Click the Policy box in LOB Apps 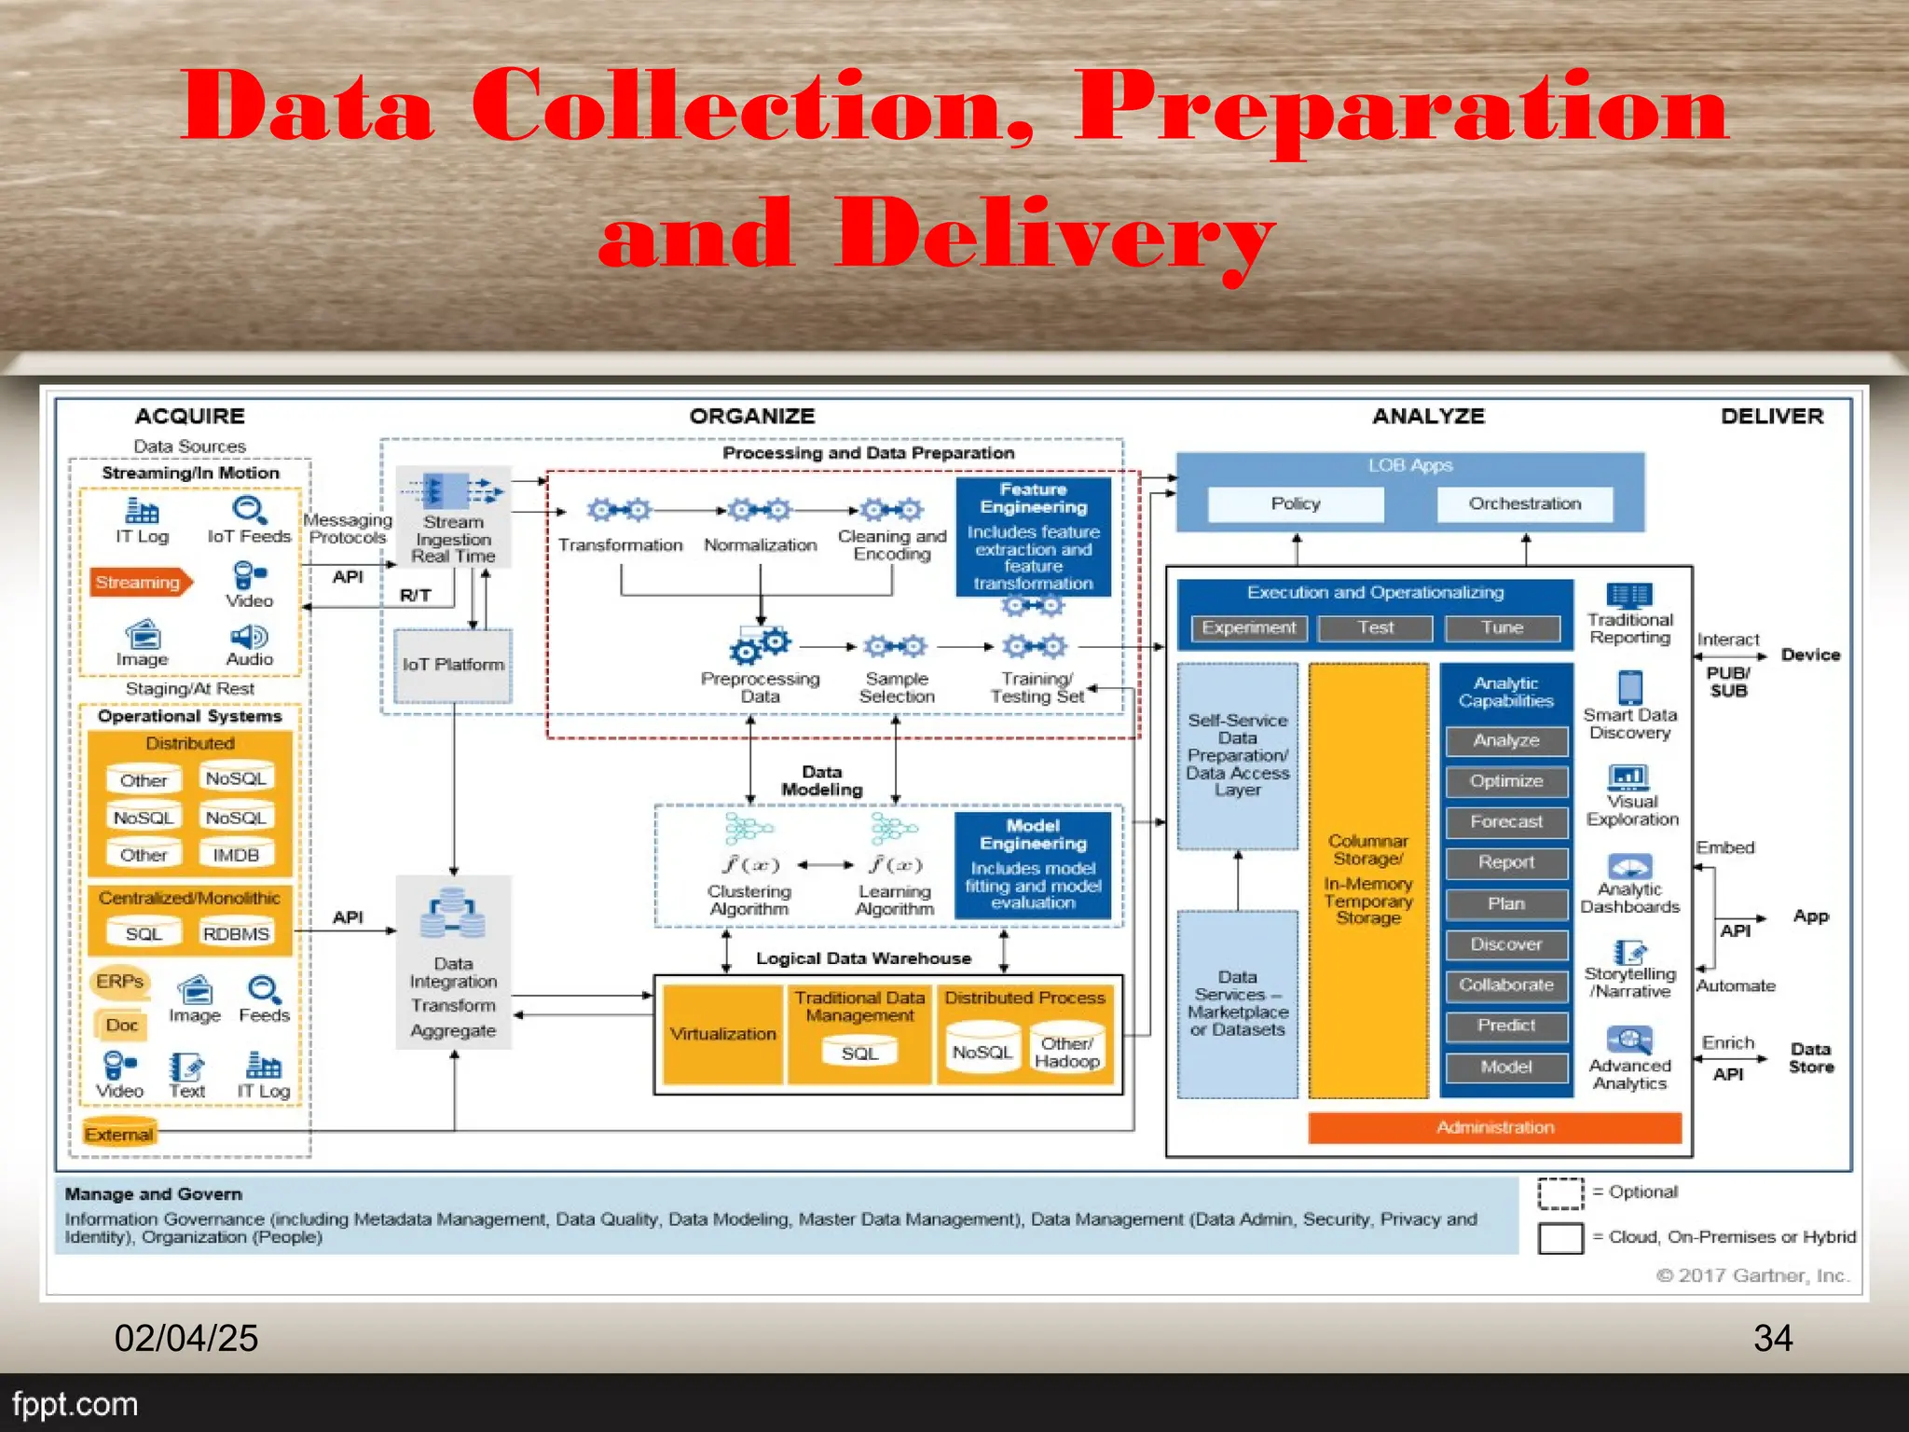pos(1296,504)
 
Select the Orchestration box pos(1525,504)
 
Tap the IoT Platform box pos(453,665)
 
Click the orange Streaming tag pos(140,583)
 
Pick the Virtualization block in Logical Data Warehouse pos(722,1034)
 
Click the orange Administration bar pos(1495,1128)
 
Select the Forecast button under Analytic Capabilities pos(1506,822)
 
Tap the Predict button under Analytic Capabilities pos(1506,1026)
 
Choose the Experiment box pos(1249,628)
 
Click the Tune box pos(1503,628)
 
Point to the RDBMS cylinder pos(236,933)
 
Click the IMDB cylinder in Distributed pos(236,855)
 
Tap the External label pos(118,1134)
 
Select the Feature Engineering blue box pos(1034,537)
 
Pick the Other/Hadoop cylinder pos(1067,1051)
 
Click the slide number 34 pos(1773,1339)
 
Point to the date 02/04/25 pos(186,1339)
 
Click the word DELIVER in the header pos(1772,417)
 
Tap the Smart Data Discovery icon pos(1630,688)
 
